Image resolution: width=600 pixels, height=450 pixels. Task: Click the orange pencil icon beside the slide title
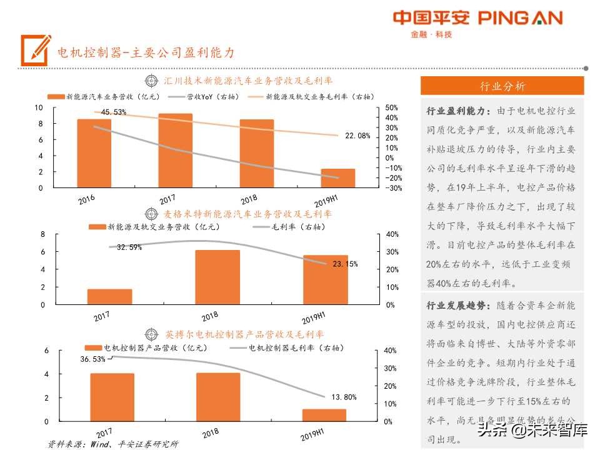[x=36, y=50]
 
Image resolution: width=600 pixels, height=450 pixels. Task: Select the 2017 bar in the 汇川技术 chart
[x=175, y=150]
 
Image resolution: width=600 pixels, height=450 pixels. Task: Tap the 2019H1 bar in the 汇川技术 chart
[x=338, y=178]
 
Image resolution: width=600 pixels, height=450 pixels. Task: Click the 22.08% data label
[x=357, y=136]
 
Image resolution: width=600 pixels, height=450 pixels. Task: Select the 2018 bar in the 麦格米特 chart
[x=217, y=277]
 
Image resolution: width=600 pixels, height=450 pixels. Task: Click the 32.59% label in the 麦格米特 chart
[x=129, y=247]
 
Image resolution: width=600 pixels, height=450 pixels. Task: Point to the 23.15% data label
[x=345, y=264]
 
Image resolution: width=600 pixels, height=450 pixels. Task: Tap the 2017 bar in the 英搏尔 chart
[x=112, y=397]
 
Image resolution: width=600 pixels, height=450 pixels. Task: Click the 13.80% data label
[x=344, y=397]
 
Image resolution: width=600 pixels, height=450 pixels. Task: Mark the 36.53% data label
[x=93, y=359]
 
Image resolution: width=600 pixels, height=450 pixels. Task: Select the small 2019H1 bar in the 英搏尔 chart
[x=324, y=415]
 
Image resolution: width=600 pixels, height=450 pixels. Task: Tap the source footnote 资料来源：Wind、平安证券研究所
[x=113, y=444]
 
